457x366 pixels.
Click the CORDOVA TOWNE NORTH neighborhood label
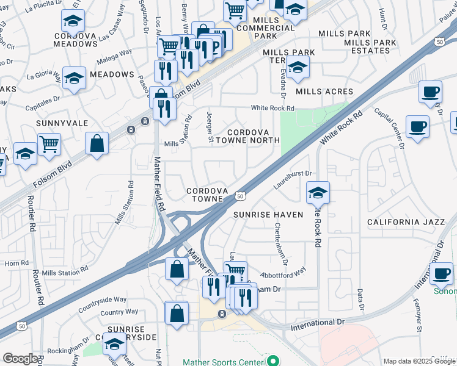click(254, 136)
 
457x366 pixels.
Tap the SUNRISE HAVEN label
click(268, 215)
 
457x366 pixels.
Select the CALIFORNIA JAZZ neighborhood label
click(406, 222)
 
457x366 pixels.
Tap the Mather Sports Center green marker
click(274, 361)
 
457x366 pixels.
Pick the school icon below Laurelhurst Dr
click(318, 193)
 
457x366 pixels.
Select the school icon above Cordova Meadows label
click(73, 21)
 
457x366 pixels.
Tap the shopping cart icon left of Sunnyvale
click(49, 144)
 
